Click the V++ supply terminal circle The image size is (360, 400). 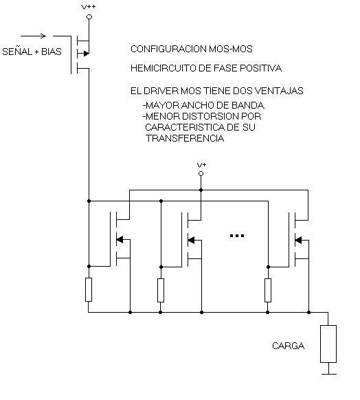click(89, 16)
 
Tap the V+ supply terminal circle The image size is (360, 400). click(201, 174)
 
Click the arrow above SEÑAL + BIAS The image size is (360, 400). click(33, 36)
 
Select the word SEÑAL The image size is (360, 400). click(17, 52)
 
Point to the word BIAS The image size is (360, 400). click(52, 52)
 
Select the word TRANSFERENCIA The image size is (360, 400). click(185, 138)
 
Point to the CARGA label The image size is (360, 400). click(288, 346)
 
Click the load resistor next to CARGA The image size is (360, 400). click(328, 344)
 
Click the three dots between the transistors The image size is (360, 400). click(237, 236)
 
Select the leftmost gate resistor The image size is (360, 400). click(89, 290)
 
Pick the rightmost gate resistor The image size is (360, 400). click(268, 290)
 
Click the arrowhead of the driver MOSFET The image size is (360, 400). click(87, 54)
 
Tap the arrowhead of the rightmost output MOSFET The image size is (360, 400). click(298, 241)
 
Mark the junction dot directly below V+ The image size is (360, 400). click(201, 190)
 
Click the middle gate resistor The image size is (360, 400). click(161, 290)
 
